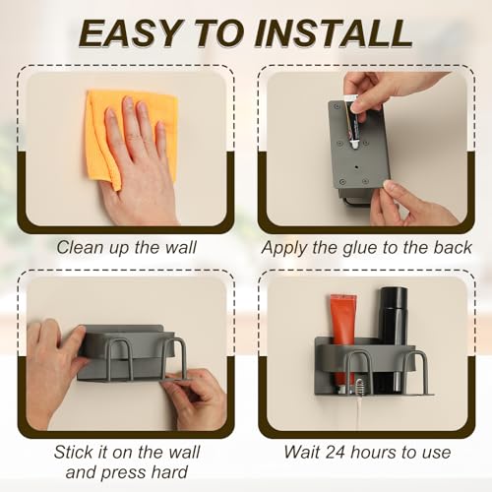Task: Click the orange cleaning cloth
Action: point(131,138)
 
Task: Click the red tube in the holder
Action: point(343,341)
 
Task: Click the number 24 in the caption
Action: point(336,452)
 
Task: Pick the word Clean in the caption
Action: point(76,247)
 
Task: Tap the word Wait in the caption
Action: point(302,452)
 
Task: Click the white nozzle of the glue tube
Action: point(355,145)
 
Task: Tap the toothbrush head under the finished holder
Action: point(359,386)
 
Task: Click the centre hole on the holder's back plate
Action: point(356,167)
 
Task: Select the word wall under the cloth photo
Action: point(180,247)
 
